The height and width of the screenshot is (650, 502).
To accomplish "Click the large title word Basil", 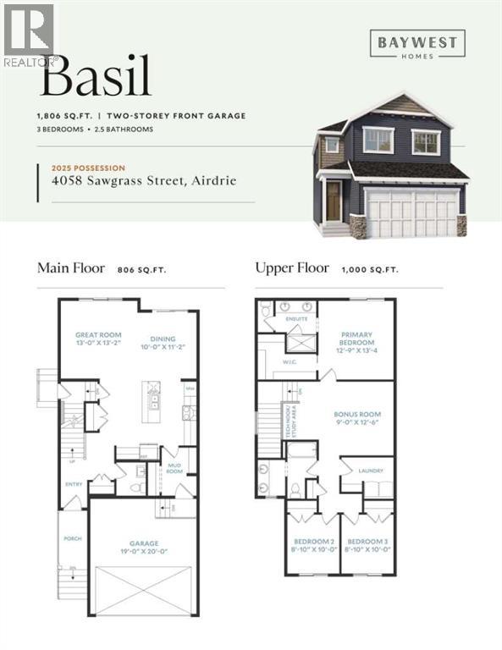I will [95, 78].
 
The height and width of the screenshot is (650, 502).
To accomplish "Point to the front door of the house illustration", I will [333, 201].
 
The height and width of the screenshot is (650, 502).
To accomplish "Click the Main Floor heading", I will [71, 268].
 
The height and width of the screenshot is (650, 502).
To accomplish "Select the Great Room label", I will [98, 335].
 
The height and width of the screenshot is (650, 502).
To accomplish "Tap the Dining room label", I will [163, 335].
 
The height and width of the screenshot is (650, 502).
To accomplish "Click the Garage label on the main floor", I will [143, 543].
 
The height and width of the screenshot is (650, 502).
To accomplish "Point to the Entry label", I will [73, 484].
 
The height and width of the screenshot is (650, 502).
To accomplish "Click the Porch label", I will [72, 538].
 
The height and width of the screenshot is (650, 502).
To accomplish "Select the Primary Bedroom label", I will [356, 339].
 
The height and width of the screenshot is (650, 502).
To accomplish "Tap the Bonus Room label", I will [357, 415].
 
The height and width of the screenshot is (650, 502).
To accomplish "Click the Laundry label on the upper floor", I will [371, 471].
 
